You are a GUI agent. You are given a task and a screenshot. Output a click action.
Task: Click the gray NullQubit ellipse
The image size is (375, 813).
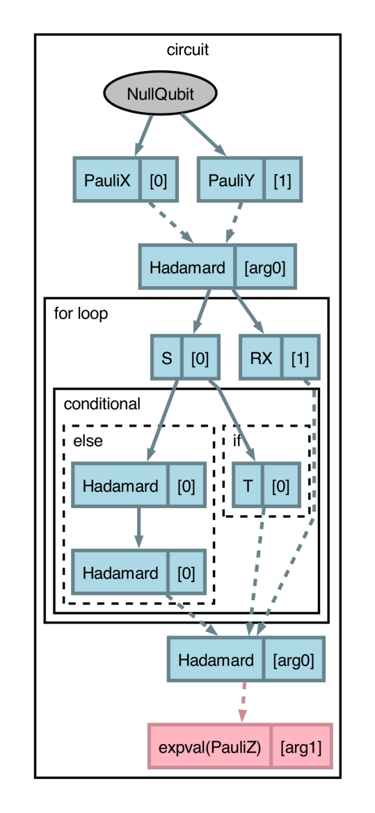160,94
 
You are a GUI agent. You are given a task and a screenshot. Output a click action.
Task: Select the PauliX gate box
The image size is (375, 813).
107,180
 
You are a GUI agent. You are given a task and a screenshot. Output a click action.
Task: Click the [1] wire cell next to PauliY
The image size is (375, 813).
282,180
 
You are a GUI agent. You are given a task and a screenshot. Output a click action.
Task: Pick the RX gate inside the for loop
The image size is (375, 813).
261,358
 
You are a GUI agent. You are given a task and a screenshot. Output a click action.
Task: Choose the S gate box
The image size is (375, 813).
167,358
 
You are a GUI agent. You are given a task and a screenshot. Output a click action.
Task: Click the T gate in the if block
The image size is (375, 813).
248,485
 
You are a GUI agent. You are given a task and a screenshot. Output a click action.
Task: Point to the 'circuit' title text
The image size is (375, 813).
187,50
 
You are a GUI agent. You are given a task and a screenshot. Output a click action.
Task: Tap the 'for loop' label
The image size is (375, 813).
81,314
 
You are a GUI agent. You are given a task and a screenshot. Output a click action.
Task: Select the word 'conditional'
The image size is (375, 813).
102,404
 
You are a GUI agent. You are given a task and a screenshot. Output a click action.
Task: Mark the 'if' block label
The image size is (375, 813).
237,441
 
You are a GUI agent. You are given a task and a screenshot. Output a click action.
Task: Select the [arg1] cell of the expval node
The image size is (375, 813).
301,748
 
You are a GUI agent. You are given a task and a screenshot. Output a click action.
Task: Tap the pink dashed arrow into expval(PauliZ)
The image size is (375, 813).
243,702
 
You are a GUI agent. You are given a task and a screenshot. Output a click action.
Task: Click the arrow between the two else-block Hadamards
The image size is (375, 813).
138,528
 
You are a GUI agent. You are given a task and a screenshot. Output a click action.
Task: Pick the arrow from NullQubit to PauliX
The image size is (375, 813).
143,134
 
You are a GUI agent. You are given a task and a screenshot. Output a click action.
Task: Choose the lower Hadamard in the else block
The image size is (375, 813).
120,573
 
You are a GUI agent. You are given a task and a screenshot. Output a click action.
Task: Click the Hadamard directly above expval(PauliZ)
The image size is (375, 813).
216,659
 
